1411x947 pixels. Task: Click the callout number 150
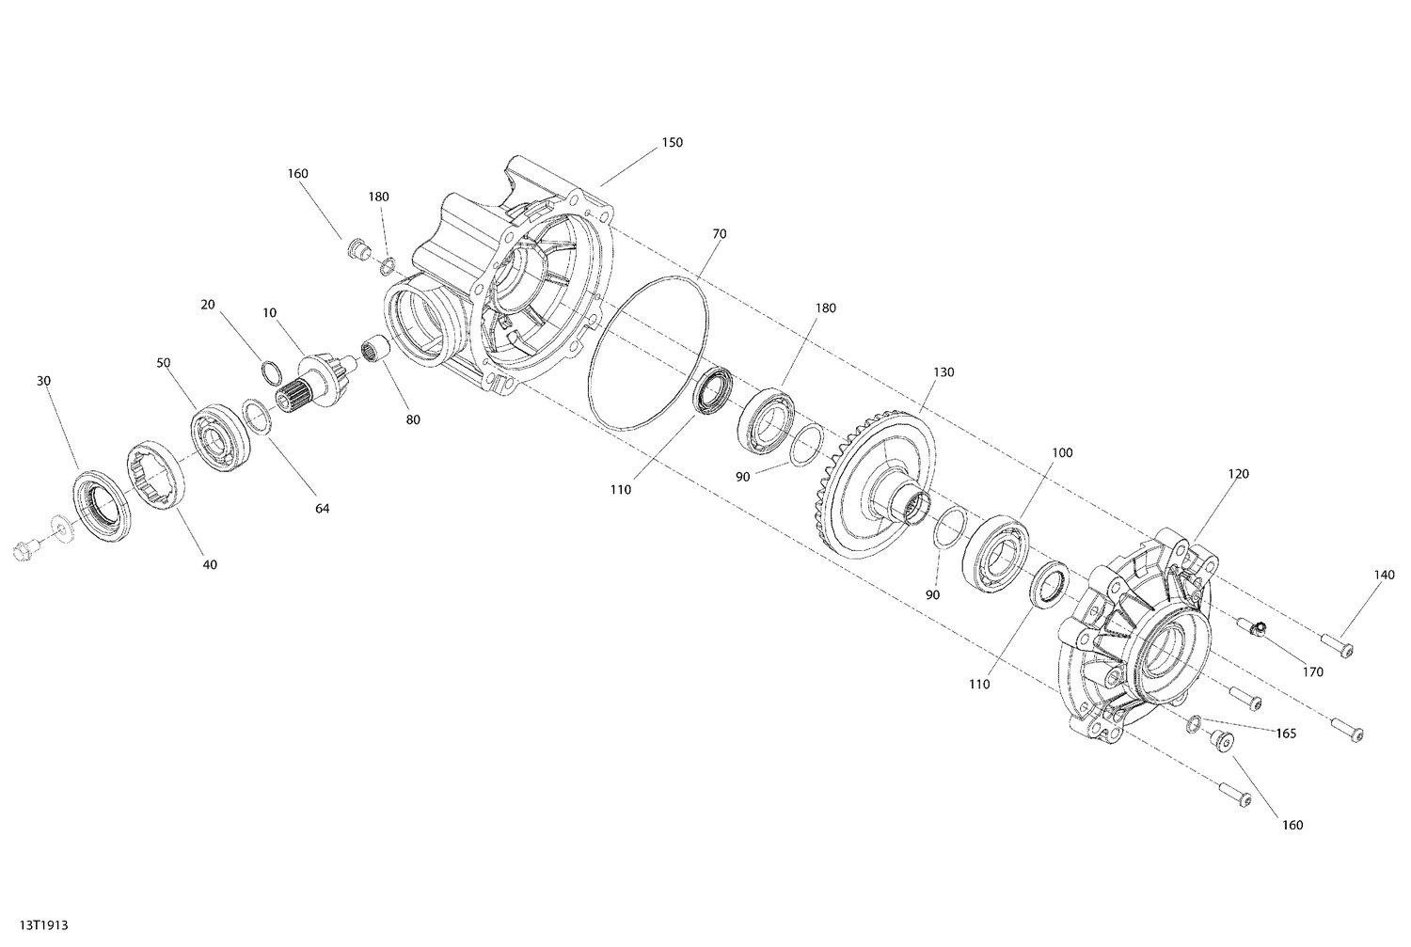click(672, 143)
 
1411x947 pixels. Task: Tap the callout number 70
click(719, 233)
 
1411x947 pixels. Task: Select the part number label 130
click(943, 372)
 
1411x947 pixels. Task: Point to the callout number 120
click(1238, 474)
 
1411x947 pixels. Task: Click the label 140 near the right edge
click(1384, 576)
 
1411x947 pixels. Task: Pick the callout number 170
click(1312, 672)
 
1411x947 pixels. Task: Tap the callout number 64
click(322, 509)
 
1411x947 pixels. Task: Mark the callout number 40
click(210, 564)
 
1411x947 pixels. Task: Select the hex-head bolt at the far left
click(24, 550)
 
